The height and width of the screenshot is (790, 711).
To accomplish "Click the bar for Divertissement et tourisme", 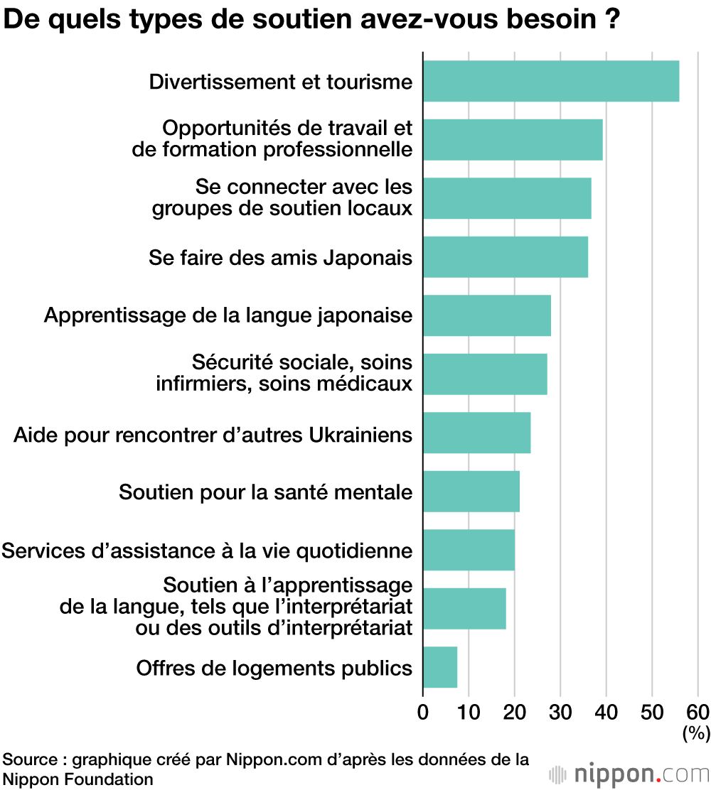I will point(551,82).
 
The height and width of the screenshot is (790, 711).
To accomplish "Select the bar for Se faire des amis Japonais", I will point(506,257).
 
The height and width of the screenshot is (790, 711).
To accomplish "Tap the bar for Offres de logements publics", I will point(440,668).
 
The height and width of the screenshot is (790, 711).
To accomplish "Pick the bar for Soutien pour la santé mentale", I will point(471,492).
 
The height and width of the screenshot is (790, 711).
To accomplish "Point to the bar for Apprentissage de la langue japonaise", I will point(487,315).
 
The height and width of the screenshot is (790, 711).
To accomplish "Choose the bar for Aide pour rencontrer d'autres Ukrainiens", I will point(477,433).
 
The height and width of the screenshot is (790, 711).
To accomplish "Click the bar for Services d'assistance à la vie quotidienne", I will point(469,551).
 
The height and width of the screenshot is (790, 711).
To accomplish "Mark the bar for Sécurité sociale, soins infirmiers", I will point(485,374).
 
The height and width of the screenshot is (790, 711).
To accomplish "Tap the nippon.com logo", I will point(629,774).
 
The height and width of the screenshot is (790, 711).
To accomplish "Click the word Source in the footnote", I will point(26,759).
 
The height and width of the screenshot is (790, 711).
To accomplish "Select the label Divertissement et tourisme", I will point(281,82).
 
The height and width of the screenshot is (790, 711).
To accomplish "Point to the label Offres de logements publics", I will point(274,668).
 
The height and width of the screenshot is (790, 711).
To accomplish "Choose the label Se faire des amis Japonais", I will point(281,257).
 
